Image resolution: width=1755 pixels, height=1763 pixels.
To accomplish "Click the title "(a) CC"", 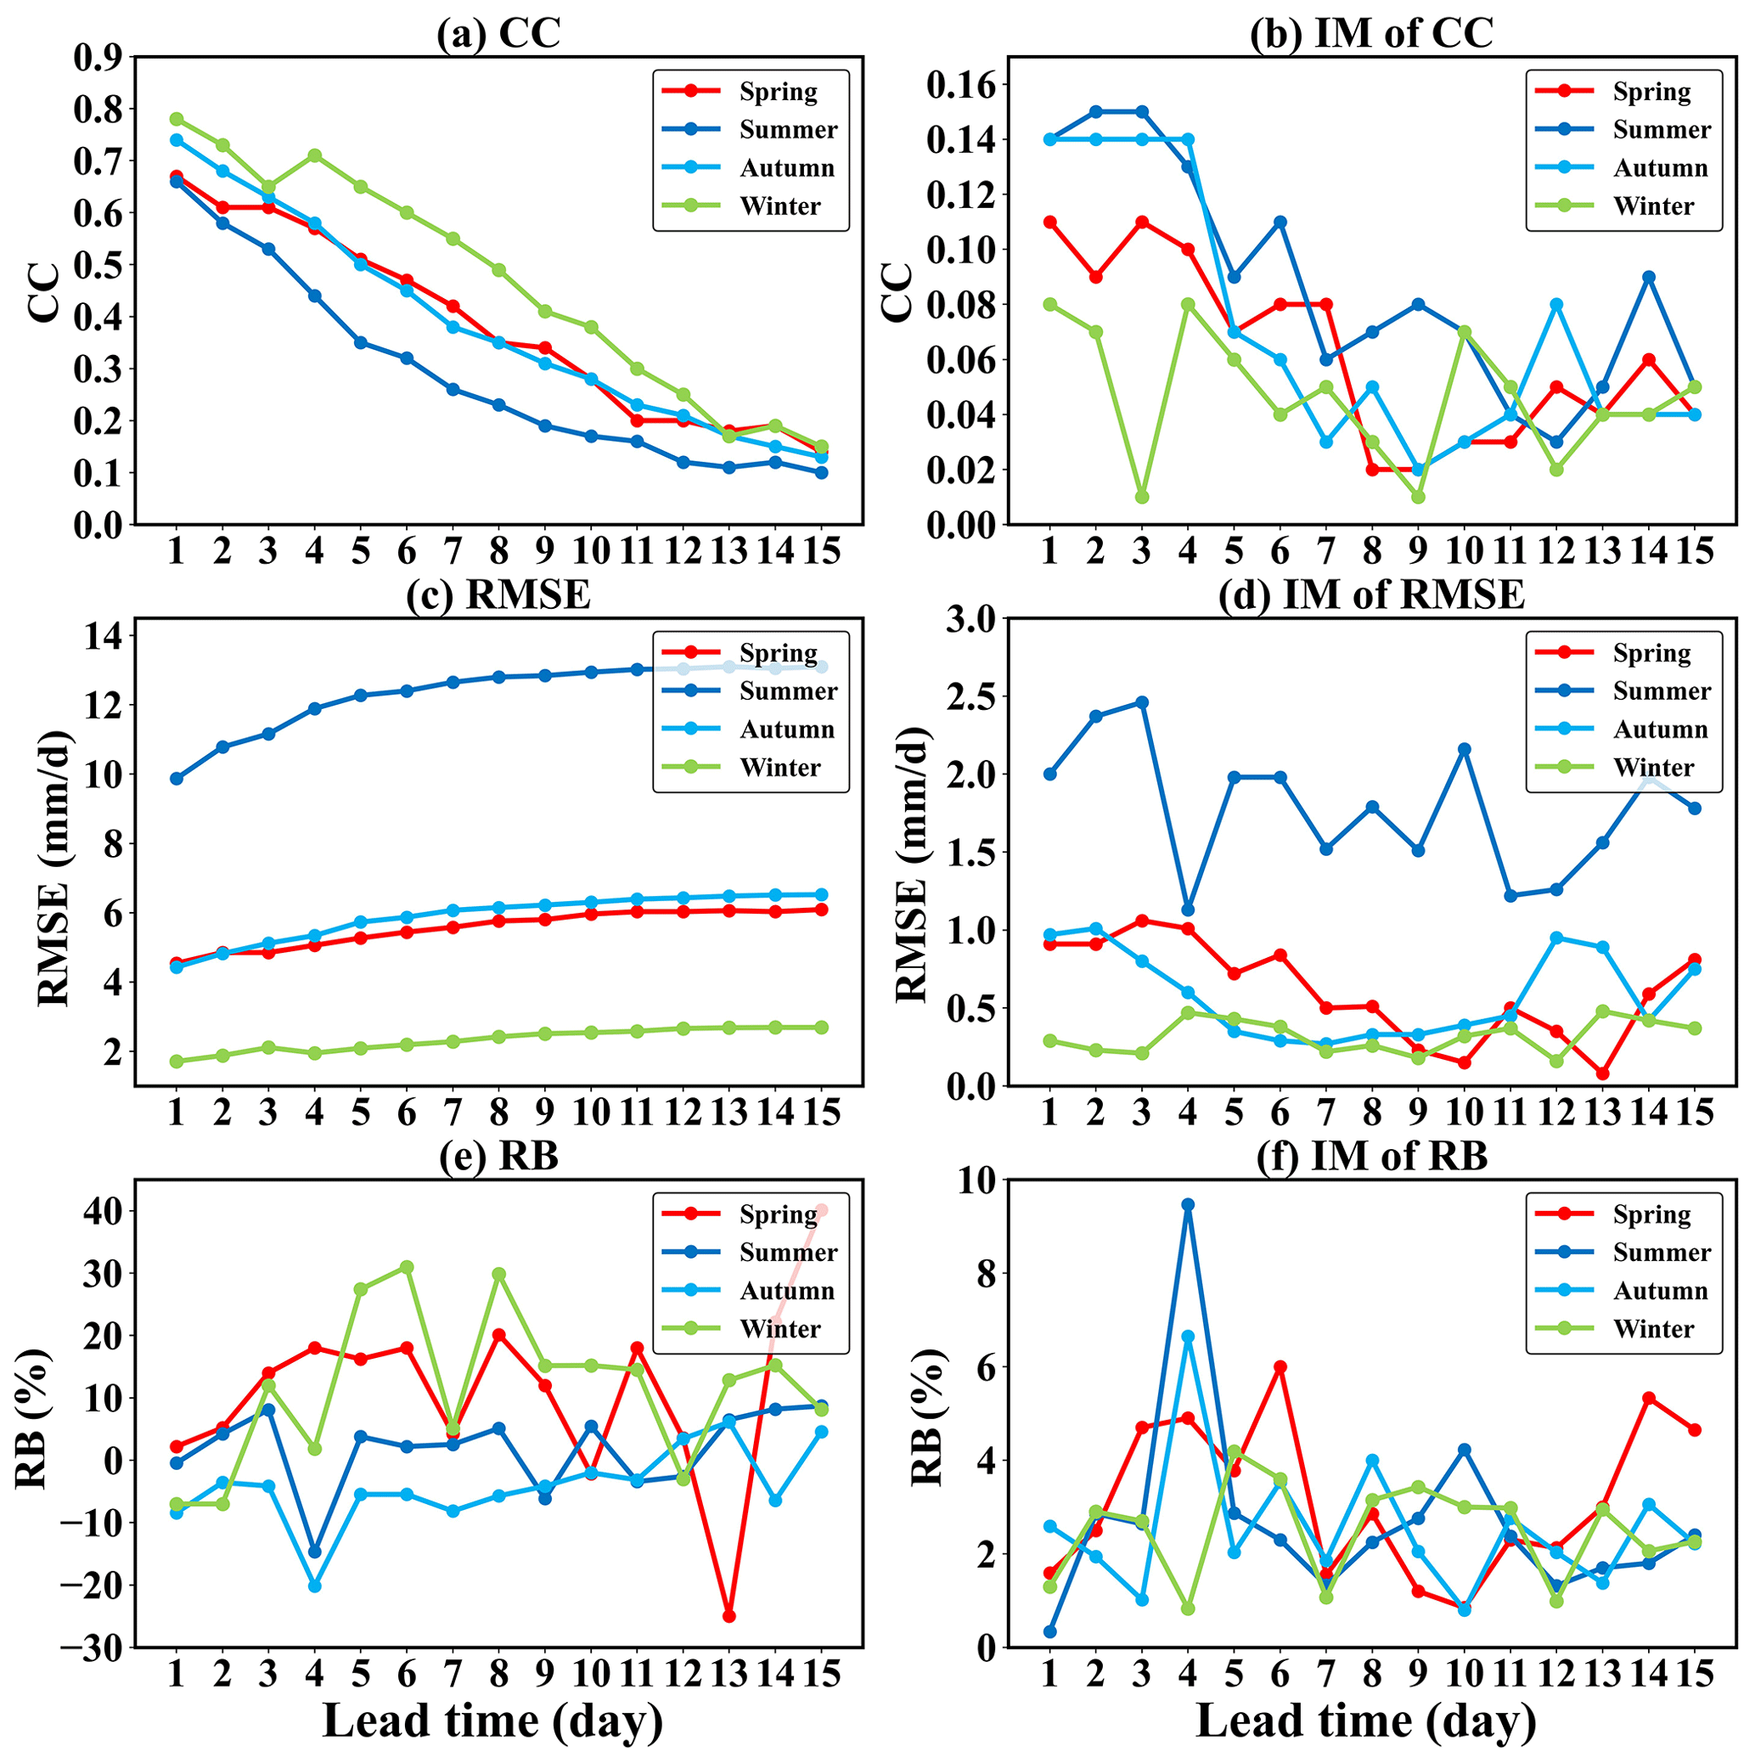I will [x=498, y=33].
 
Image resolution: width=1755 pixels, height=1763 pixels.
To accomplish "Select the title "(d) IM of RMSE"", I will [x=1371, y=595].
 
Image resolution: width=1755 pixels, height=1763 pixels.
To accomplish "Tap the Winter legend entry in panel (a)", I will [x=780, y=206].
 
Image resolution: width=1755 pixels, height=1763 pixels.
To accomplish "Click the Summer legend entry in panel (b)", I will [x=1661, y=130].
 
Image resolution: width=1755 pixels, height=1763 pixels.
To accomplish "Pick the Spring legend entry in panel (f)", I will [x=1651, y=1214].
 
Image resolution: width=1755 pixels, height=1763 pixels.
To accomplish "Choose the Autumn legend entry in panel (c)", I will [x=786, y=729].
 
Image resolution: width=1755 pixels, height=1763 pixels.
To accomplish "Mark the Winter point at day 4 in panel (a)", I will [x=315, y=155].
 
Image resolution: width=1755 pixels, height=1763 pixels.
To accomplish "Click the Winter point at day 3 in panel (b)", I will [x=1142, y=498].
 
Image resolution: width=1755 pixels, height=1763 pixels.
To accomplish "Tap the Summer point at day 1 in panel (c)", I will [x=177, y=779].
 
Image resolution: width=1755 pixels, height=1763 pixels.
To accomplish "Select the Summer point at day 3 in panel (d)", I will [x=1142, y=702].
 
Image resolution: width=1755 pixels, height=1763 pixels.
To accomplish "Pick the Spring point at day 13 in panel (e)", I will [x=728, y=1616].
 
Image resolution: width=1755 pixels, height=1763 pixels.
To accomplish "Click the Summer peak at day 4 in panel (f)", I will [x=1188, y=1204].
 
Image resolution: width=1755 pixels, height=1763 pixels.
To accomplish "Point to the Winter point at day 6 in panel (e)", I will [x=407, y=1266].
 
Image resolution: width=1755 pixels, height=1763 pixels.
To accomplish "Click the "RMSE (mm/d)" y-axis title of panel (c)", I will [x=53, y=867].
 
